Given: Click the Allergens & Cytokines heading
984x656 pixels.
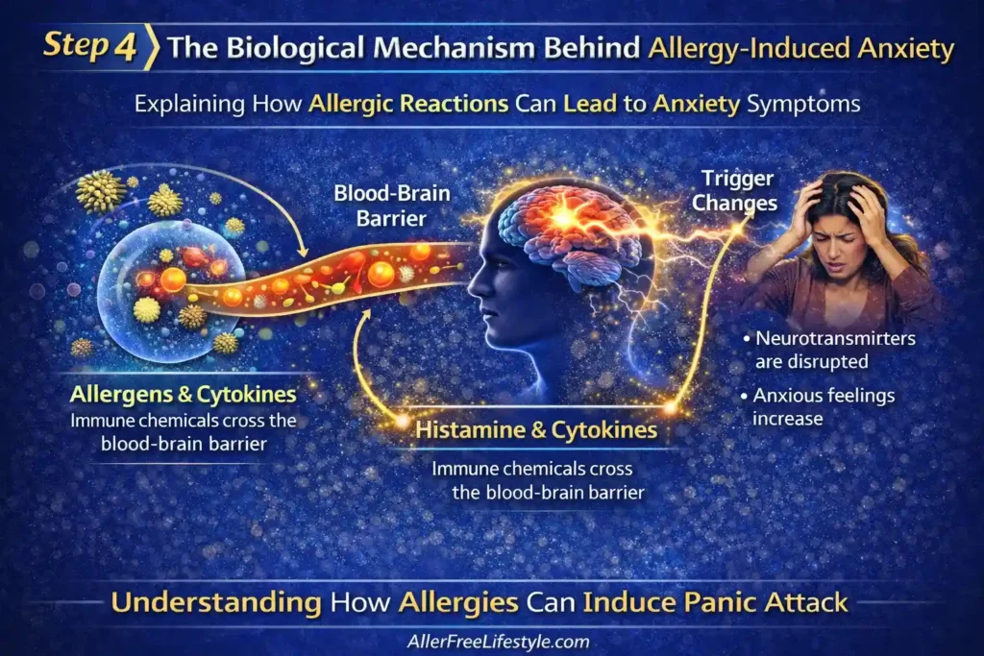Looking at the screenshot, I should tap(182, 395).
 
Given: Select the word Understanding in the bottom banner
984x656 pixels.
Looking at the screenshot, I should tap(217, 602).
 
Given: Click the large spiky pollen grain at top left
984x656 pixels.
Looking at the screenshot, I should tap(101, 189).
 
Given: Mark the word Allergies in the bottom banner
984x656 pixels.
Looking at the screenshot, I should tap(455, 602).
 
